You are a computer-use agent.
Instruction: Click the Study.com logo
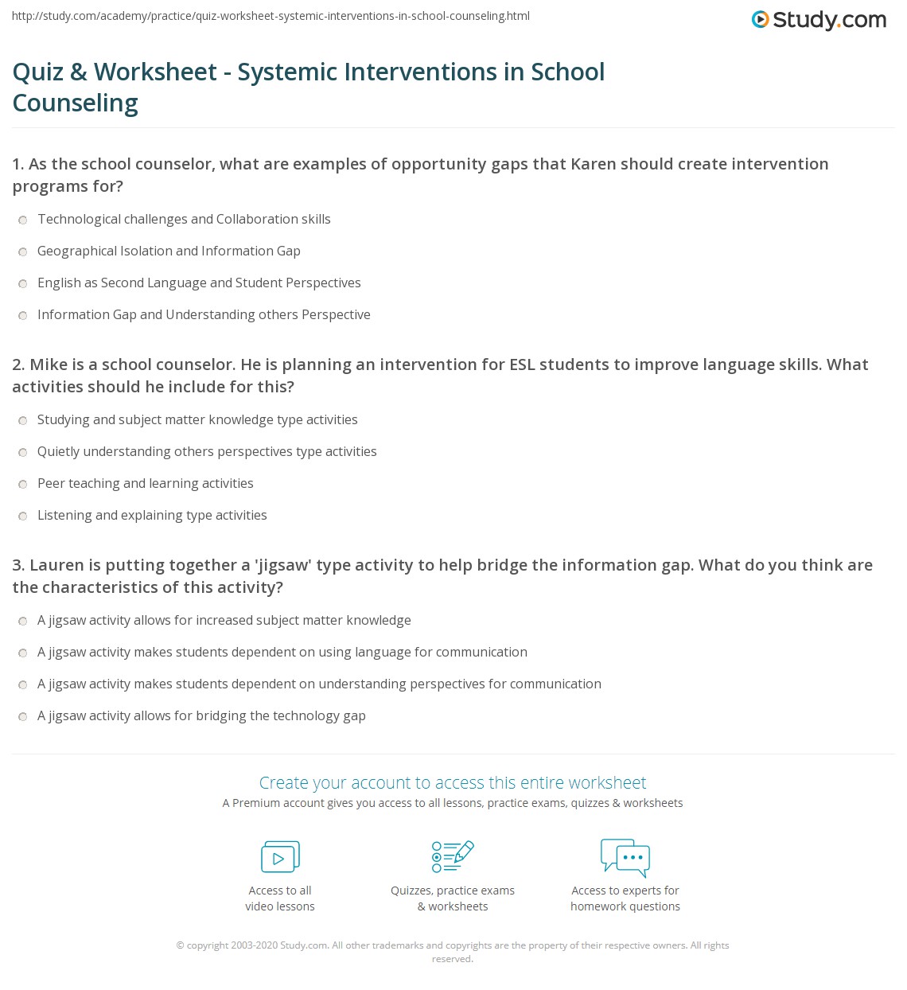coord(819,20)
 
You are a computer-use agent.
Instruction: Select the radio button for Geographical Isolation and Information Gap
coord(23,251)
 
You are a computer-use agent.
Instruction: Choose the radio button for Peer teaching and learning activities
coord(23,484)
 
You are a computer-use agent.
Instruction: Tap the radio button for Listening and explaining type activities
coord(23,516)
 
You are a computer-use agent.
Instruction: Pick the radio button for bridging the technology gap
coord(23,716)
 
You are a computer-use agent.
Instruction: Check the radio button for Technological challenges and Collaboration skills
coord(23,220)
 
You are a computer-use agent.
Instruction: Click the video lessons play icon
coord(280,857)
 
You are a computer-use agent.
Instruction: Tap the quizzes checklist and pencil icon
coord(453,856)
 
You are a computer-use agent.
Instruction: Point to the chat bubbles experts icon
coord(625,857)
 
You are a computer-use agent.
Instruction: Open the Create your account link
coord(453,783)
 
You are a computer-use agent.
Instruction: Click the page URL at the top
coord(271,16)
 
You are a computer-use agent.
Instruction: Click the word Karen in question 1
coord(591,164)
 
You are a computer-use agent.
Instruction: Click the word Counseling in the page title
coord(76,103)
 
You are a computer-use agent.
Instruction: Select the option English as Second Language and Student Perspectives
coord(199,283)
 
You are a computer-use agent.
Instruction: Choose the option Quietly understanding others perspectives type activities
coord(207,452)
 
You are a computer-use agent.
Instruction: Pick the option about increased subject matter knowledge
coord(224,621)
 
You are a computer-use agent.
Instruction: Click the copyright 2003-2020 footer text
coord(453,945)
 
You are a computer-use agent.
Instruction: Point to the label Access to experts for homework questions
coord(625,898)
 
